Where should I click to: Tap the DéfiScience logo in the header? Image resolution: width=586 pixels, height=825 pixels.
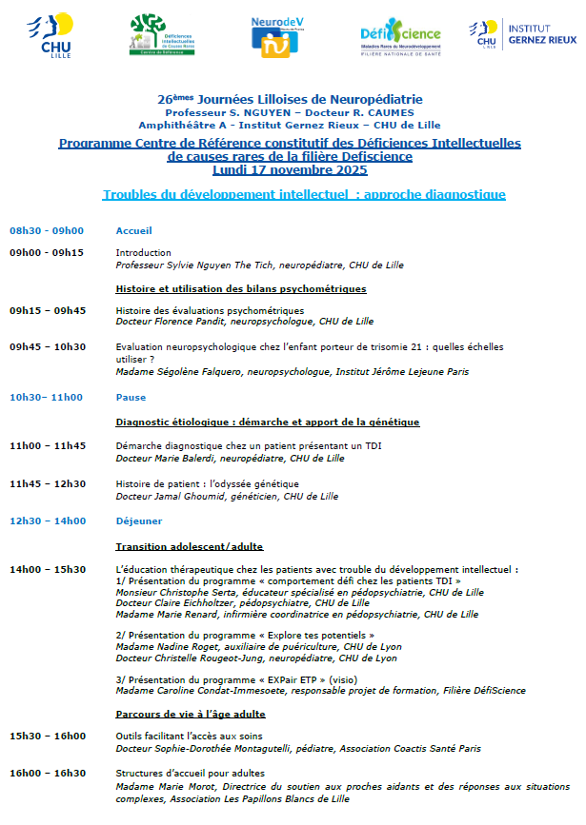400,37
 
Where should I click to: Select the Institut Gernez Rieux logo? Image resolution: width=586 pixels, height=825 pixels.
522,34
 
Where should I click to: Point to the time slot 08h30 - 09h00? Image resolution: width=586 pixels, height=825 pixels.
47,231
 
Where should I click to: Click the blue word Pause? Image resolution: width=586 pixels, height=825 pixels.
131,397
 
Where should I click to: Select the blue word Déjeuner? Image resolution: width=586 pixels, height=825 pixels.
139,521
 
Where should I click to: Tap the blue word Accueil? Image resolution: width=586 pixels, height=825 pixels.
134,231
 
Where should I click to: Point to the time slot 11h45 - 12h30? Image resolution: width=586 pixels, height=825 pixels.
48,483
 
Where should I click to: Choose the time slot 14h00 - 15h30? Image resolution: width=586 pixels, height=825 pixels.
48,570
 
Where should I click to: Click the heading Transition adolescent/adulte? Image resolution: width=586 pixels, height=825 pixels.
189,546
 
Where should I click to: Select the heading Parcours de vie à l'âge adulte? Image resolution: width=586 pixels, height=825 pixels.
191,713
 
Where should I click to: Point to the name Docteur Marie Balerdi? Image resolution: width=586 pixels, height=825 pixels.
168,459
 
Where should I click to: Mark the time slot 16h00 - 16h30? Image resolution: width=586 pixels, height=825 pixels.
48,773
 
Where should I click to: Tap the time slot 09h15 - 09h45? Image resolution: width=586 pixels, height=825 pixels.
48,310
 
